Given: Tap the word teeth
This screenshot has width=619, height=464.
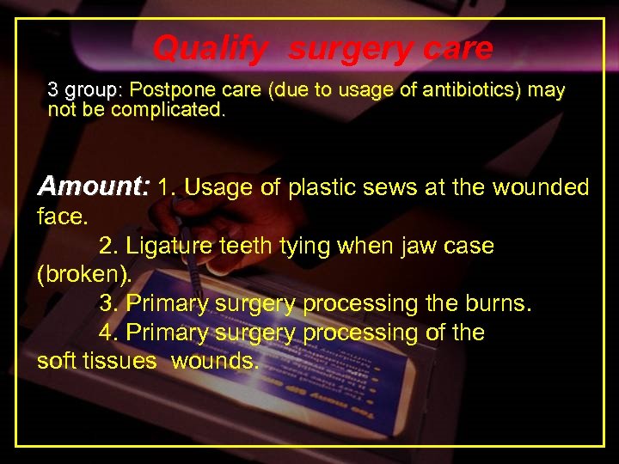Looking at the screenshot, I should click(x=245, y=246).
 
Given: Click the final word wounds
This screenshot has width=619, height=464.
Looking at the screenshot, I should click(x=215, y=362).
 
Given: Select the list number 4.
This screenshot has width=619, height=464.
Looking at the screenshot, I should click(x=108, y=333).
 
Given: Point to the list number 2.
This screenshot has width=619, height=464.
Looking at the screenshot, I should click(x=108, y=246).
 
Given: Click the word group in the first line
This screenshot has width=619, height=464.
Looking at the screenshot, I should click(x=95, y=90).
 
